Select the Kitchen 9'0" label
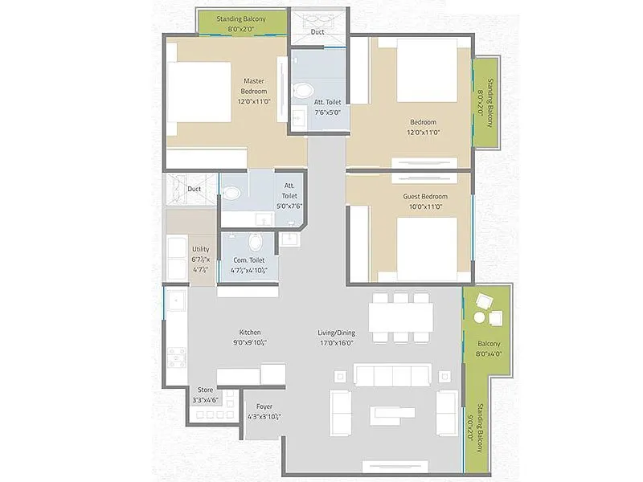point(249,337)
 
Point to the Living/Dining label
point(335,337)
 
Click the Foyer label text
point(264,412)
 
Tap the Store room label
point(205,394)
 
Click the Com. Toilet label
point(250,265)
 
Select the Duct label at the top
point(317,33)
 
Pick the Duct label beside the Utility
point(194,190)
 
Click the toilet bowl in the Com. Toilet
point(256,241)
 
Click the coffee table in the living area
point(393,415)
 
